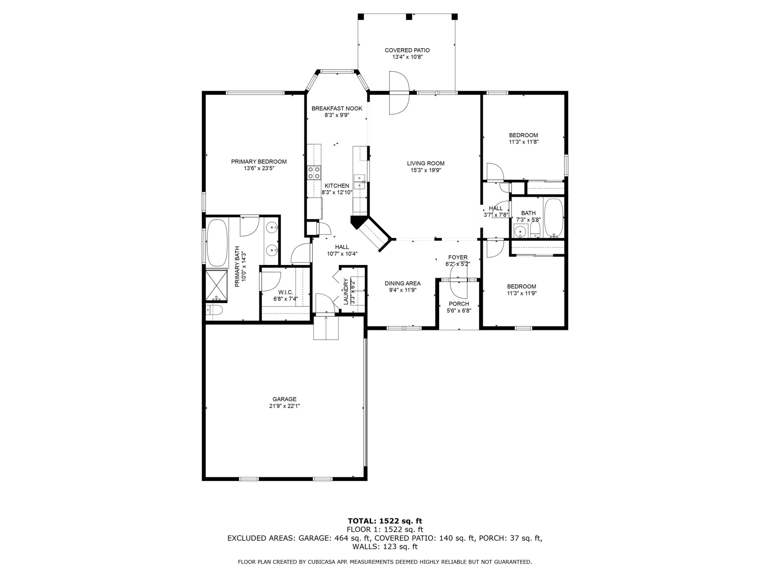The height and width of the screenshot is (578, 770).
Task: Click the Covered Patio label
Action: (x=407, y=50)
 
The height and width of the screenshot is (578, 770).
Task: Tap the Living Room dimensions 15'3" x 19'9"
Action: (x=426, y=170)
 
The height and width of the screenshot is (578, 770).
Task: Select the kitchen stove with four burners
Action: (x=314, y=173)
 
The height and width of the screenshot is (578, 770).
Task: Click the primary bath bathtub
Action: (x=217, y=242)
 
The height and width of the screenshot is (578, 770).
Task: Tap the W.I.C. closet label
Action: (x=286, y=292)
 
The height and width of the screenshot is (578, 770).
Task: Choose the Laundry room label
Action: (x=345, y=291)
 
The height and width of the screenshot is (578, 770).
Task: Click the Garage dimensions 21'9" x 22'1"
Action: (x=284, y=406)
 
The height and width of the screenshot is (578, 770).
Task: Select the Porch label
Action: (x=459, y=304)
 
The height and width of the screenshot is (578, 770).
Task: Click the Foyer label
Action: (x=458, y=257)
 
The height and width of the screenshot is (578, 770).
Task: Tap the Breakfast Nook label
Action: (x=337, y=108)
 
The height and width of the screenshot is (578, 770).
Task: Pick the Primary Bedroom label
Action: (x=259, y=162)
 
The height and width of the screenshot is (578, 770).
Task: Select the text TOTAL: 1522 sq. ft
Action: (x=385, y=521)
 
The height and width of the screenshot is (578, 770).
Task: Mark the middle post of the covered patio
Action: (x=409, y=17)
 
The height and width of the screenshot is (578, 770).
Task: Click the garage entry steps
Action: (x=326, y=328)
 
